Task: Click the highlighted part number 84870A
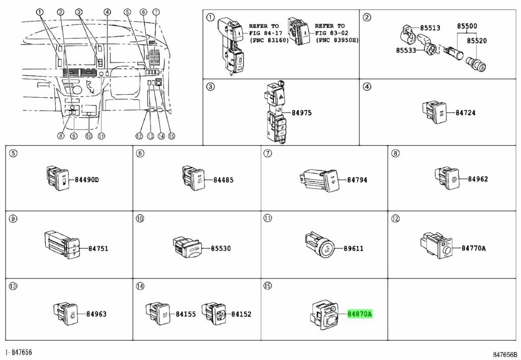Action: click(360, 314)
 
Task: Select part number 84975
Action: click(302, 113)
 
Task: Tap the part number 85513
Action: click(430, 29)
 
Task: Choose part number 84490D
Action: click(86, 179)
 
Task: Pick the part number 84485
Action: click(223, 179)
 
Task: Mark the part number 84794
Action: click(357, 179)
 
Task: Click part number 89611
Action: click(353, 248)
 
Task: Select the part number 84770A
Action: click(474, 248)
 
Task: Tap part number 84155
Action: click(186, 314)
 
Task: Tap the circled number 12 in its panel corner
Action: click(395, 219)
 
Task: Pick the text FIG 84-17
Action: click(264, 33)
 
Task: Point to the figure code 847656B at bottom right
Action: click(504, 353)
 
